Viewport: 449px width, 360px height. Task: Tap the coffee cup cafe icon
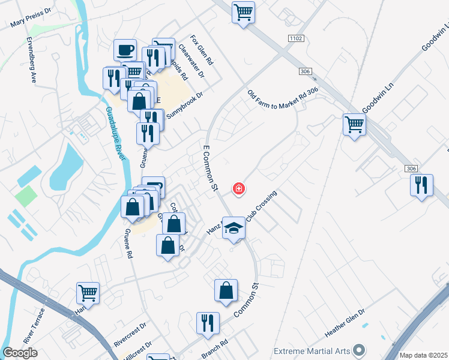click(x=126, y=50)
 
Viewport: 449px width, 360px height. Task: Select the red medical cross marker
click(x=239, y=189)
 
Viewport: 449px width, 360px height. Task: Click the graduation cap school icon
click(x=234, y=228)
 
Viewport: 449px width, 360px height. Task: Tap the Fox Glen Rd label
click(x=202, y=50)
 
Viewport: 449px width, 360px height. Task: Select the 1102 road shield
click(x=295, y=38)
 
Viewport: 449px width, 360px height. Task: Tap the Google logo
click(x=20, y=353)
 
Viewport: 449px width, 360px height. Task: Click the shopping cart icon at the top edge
click(x=243, y=11)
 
